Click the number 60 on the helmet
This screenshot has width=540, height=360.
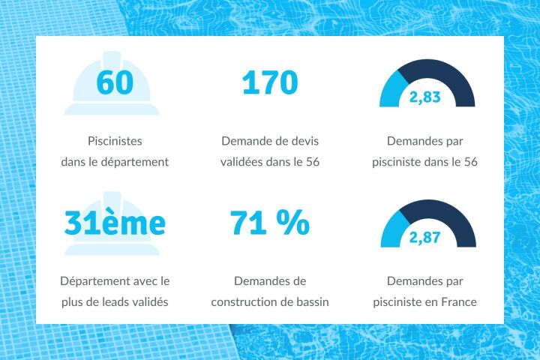tap(115, 82)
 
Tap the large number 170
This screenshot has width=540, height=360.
tap(269, 82)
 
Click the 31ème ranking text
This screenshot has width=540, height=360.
tap(115, 223)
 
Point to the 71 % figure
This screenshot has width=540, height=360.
tap(269, 223)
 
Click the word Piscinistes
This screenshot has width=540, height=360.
tap(115, 140)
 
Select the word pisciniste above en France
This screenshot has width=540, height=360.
tap(402, 303)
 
